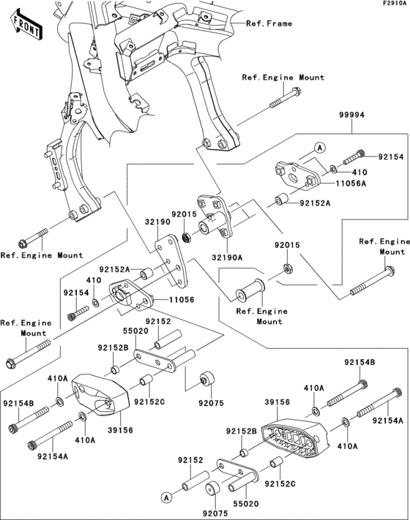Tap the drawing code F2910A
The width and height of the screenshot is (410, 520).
[393, 4]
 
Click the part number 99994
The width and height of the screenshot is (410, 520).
[352, 116]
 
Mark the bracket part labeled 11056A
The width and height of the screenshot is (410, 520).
[297, 174]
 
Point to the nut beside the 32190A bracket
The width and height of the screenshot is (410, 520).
[185, 237]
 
